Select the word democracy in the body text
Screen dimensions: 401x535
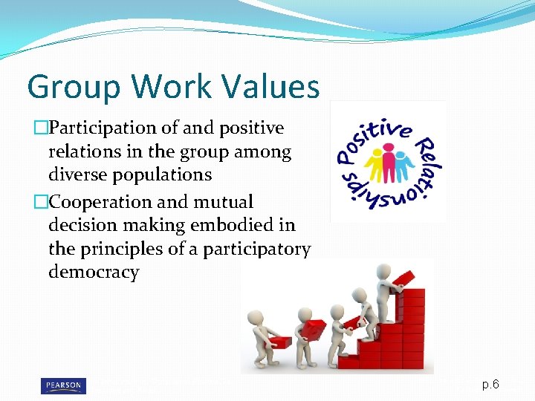[94, 272]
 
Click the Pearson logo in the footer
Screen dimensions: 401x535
[62, 385]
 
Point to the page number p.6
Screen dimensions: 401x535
[490, 385]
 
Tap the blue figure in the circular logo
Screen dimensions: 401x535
[401, 163]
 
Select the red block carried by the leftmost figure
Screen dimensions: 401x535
[282, 341]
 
